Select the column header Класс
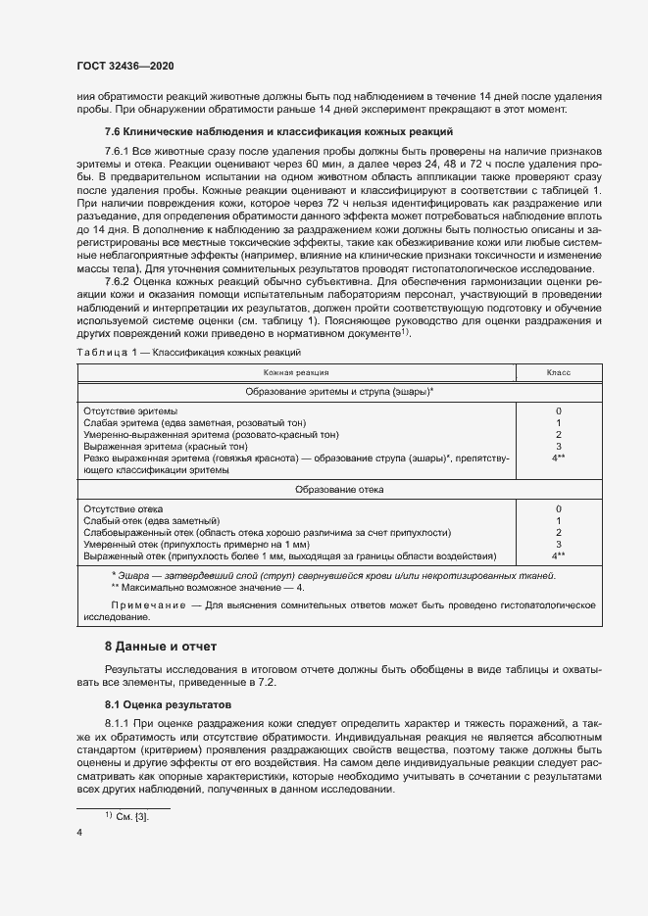(559, 373)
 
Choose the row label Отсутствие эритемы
(132, 410)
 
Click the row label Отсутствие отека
(124, 509)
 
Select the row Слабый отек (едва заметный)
(152, 520)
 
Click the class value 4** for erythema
(559, 458)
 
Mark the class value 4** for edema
(559, 555)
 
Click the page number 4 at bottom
(79, 832)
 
